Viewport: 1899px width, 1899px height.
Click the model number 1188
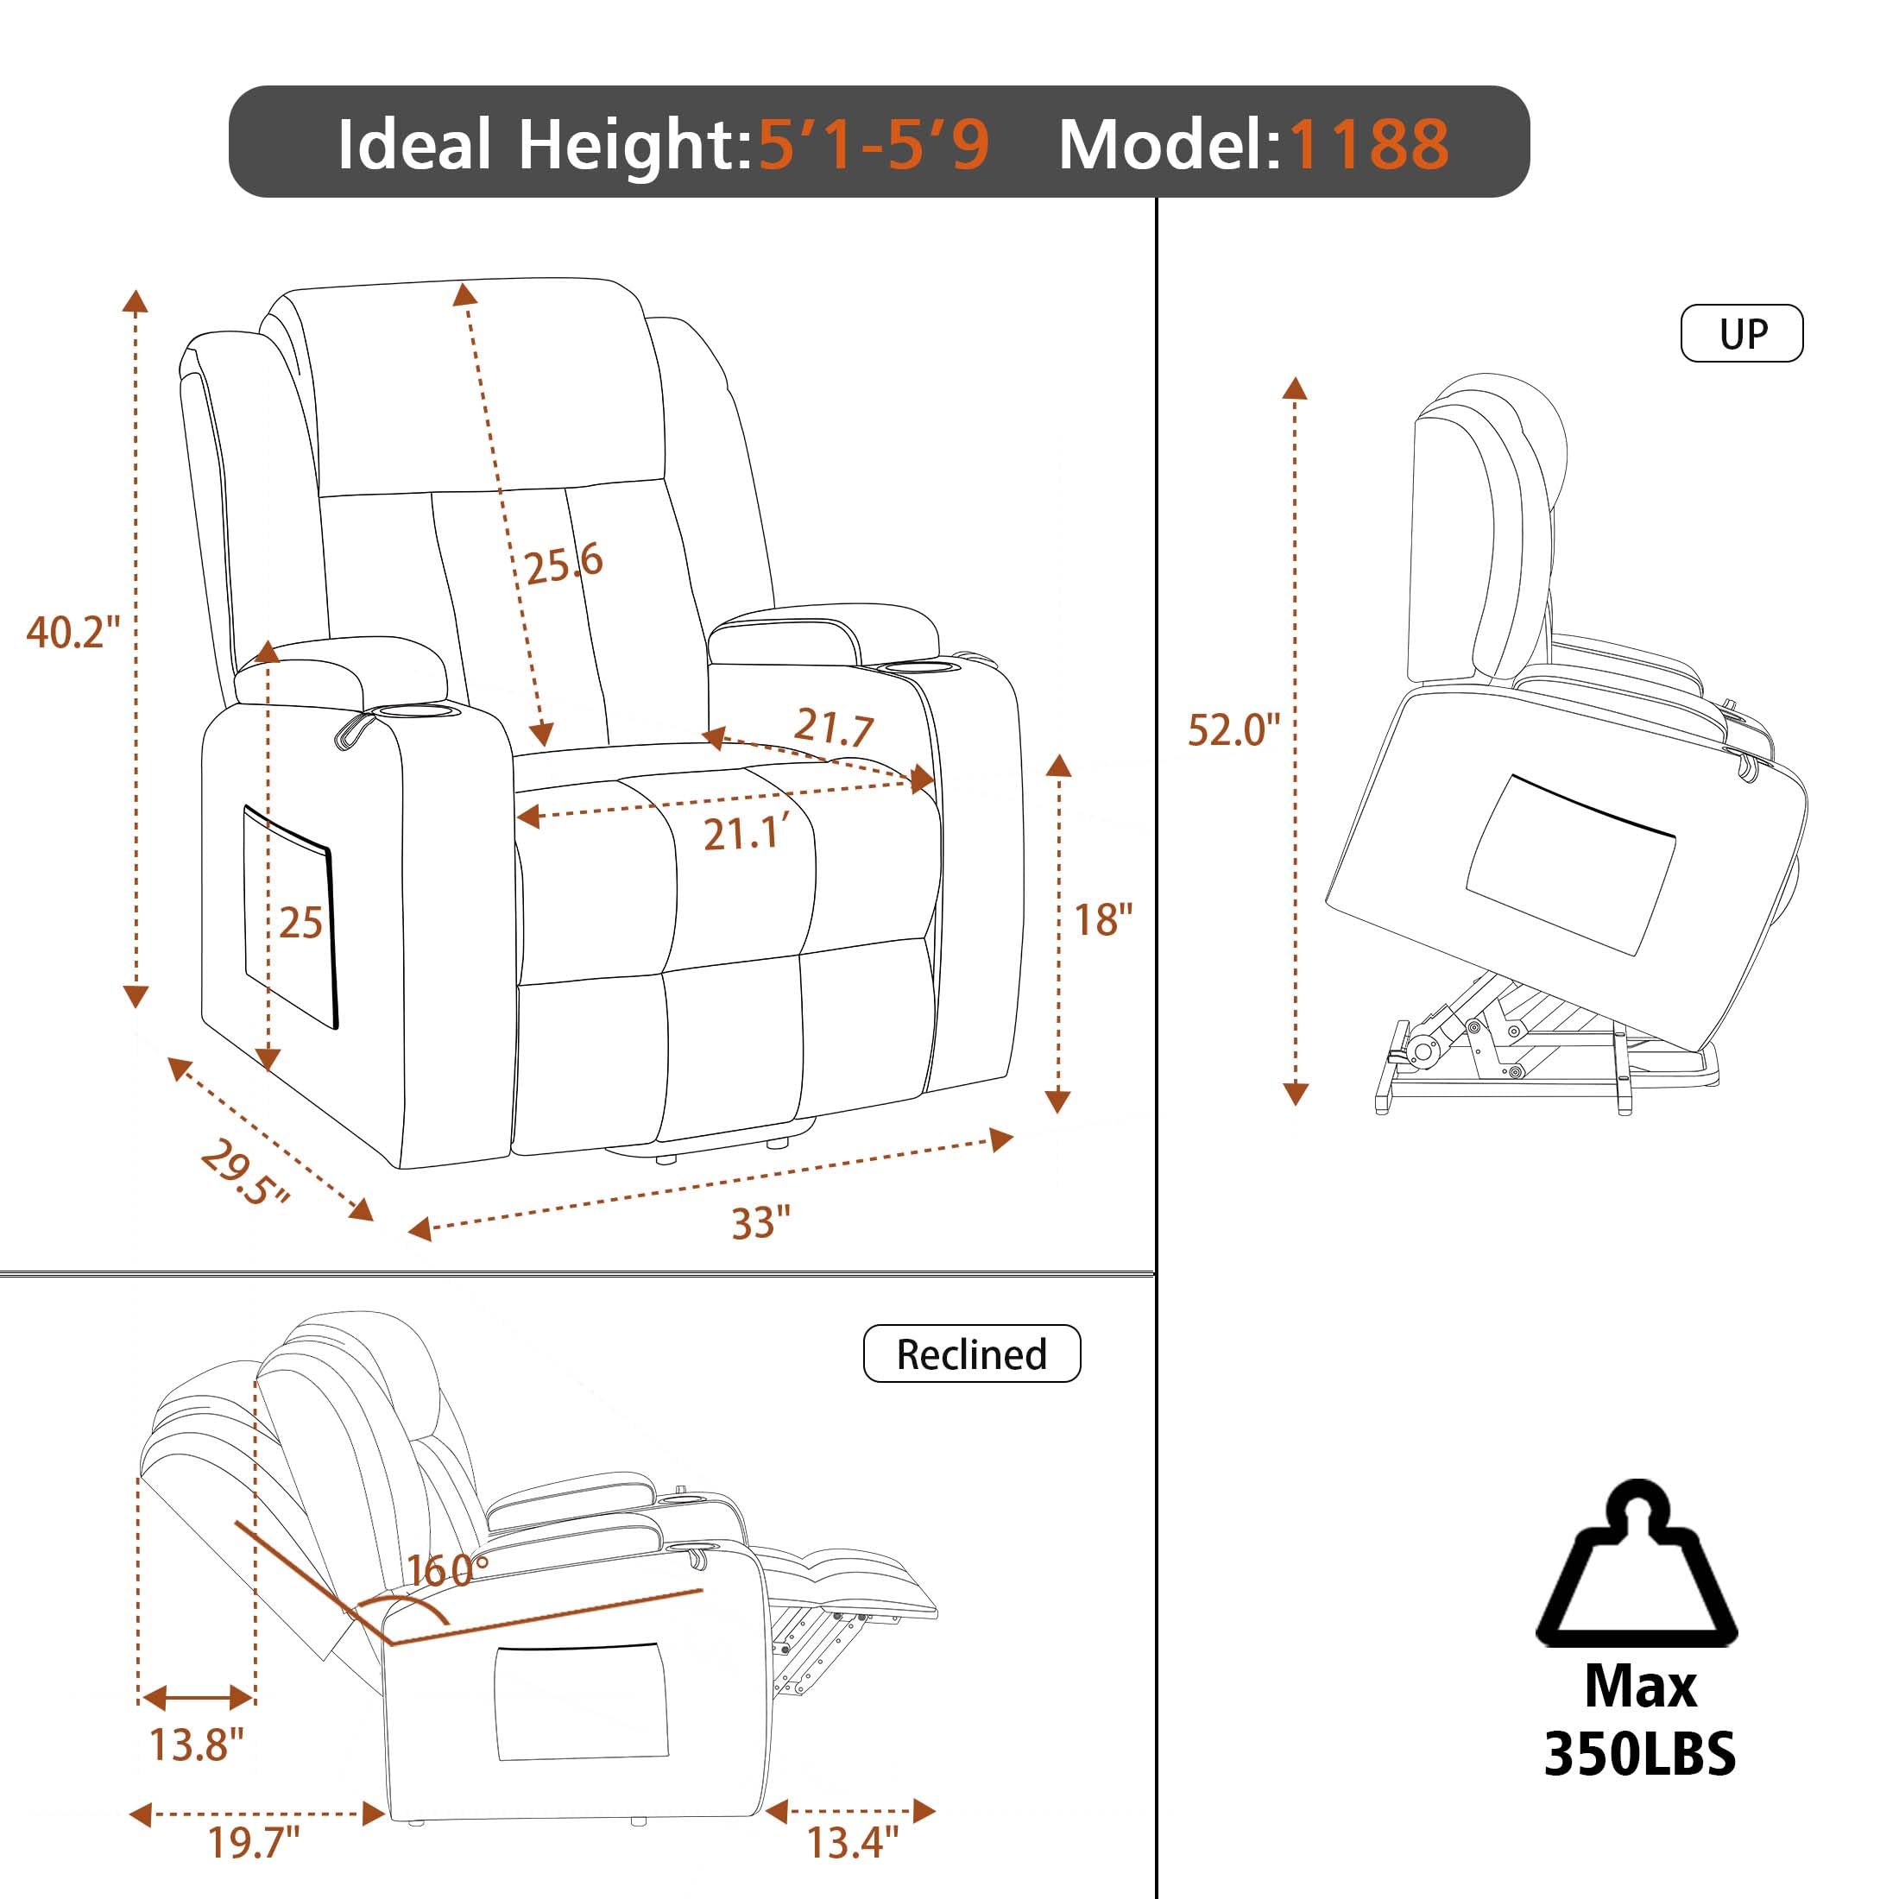pos(1368,144)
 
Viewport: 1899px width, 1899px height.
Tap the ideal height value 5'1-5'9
pos(874,144)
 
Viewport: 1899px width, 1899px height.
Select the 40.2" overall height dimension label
pos(73,631)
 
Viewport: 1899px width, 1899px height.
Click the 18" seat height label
pos(1103,920)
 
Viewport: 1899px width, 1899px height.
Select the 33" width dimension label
pos(760,1223)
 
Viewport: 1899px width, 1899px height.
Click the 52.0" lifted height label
pos(1233,729)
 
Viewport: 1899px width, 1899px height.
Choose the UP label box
pos(1742,333)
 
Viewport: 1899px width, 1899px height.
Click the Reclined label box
pos(971,1353)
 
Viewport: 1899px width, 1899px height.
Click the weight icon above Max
pos(1637,1566)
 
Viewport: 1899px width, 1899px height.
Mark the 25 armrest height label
pos(300,923)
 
